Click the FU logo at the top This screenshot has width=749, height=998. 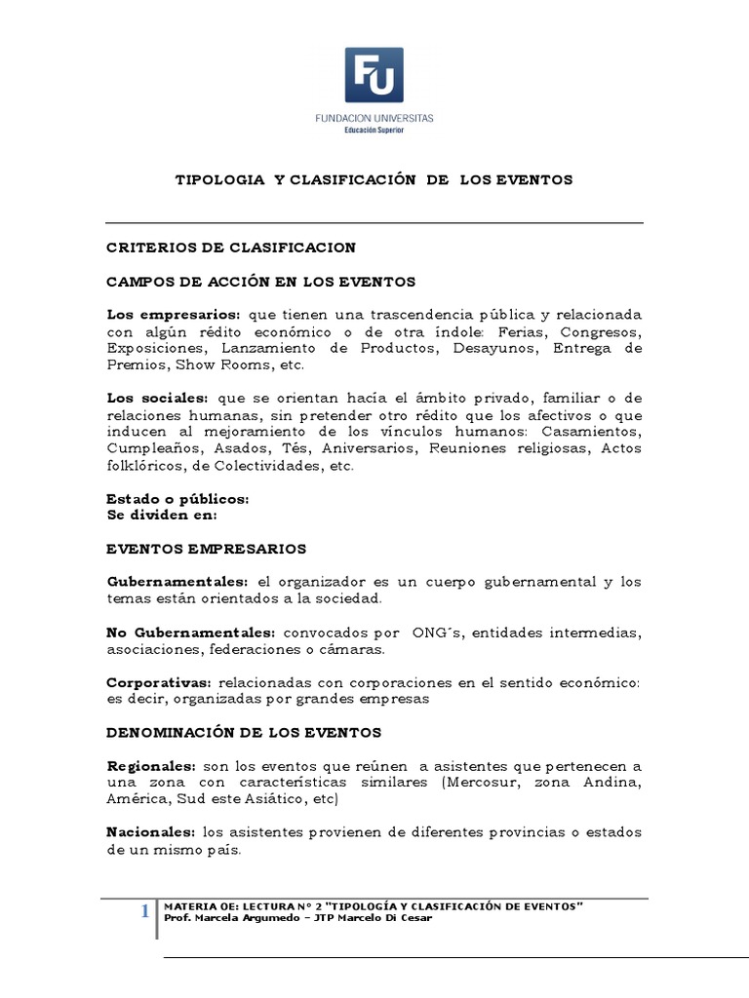pos(374,74)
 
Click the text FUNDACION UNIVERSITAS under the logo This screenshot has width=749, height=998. pos(374,117)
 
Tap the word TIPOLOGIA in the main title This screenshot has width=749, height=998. pos(219,180)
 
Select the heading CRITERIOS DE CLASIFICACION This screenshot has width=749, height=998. pos(231,248)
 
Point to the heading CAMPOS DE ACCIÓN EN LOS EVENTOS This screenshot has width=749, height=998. pos(260,282)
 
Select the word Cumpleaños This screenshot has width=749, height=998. pos(153,449)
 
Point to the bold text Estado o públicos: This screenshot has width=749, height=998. pos(177,499)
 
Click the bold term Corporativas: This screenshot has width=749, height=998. pos(160,682)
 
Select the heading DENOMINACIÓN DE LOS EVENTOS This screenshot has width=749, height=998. pos(244,732)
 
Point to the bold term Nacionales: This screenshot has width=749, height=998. pos(151,832)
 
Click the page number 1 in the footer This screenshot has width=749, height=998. pos(144,912)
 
